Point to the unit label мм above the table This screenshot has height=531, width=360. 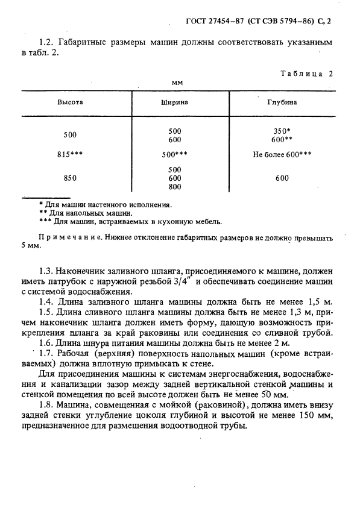[177, 82]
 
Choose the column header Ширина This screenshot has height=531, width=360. [174, 102]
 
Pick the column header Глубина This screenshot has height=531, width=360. [282, 102]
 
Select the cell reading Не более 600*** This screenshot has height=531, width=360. [282, 154]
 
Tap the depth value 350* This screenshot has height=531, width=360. [282, 131]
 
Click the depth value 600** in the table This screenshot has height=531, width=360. [282, 139]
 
